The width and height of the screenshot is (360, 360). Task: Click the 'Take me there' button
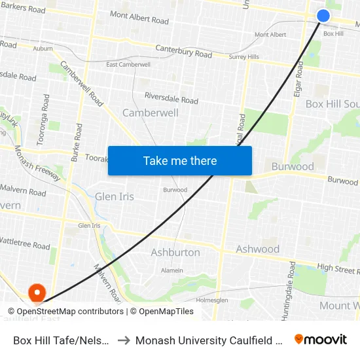(180, 160)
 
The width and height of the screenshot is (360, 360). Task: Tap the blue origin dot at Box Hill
(323, 16)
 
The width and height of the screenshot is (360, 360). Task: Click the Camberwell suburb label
(151, 113)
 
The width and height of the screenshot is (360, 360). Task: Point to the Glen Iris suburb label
(115, 196)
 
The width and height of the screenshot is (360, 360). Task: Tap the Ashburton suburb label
(175, 252)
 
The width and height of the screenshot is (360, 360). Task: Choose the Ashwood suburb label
(257, 249)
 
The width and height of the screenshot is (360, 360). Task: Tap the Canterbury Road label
(183, 52)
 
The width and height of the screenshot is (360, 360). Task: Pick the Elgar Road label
(298, 79)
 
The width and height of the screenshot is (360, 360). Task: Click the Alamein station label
(171, 270)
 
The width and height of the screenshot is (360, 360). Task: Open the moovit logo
(321, 340)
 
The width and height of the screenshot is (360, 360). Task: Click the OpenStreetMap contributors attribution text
(65, 312)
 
